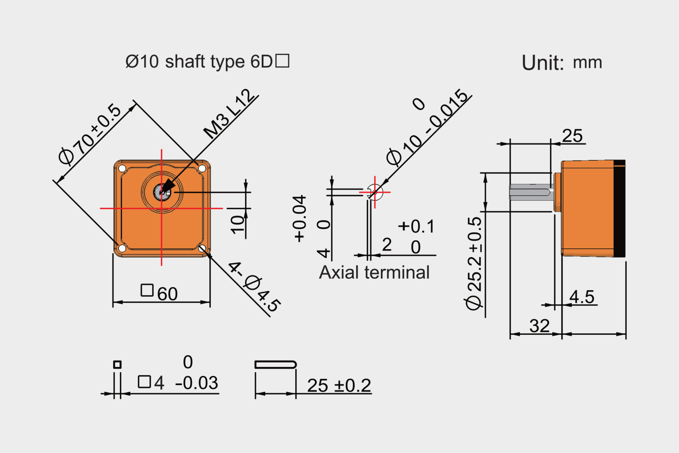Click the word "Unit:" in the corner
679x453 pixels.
[x=542, y=63]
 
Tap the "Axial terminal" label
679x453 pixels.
[x=374, y=273]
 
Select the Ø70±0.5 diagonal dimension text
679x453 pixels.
[x=90, y=134]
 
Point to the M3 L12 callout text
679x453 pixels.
[x=230, y=114]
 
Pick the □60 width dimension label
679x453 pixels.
[x=160, y=293]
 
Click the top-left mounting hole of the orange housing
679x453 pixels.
[x=122, y=169]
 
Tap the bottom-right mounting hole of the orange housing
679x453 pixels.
[x=202, y=248]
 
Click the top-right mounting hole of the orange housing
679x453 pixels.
[x=202, y=169]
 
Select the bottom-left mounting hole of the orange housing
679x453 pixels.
[x=122, y=248]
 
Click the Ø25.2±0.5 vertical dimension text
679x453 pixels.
[x=474, y=263]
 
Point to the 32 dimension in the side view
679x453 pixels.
[x=539, y=326]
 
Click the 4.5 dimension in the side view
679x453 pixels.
[x=582, y=297]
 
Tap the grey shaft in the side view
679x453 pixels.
[x=530, y=192]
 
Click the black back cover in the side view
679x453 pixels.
[x=620, y=209]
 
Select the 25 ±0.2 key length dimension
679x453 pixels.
[x=339, y=385]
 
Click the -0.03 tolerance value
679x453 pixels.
[x=196, y=383]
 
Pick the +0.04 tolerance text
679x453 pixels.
[x=300, y=219]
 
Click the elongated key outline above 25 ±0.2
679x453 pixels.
[x=275, y=364]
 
